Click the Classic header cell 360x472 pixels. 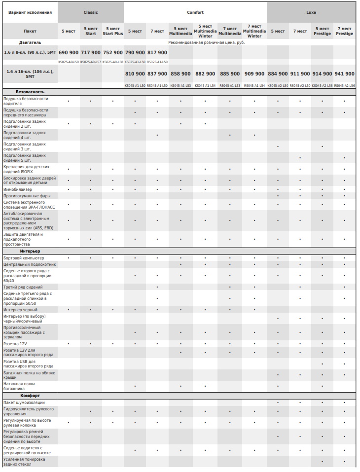(x=91, y=12)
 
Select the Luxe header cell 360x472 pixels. (x=311, y=12)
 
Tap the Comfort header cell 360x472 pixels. (x=195, y=12)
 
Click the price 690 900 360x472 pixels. (x=69, y=52)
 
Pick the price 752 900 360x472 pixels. (x=113, y=52)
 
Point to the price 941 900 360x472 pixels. (x=345, y=73)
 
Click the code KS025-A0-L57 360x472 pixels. (x=91, y=62)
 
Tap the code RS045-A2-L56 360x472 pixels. (x=345, y=85)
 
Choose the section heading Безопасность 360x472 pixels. (x=30, y=92)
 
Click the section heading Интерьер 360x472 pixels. (x=30, y=251)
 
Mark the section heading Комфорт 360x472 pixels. (x=30, y=396)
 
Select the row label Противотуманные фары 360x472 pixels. (x=25, y=196)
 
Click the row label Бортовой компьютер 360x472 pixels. (x=24, y=258)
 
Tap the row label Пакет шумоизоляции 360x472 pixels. (x=24, y=402)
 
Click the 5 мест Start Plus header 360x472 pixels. (x=113, y=31)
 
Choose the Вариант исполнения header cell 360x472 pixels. (x=30, y=12)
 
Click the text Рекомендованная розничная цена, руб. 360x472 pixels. (x=207, y=42)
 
